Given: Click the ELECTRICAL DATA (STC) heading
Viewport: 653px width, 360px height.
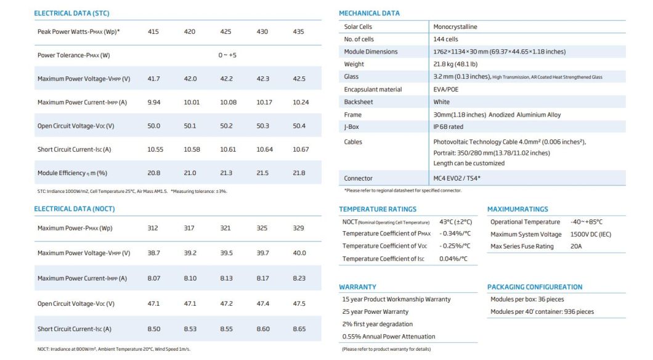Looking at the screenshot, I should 71,13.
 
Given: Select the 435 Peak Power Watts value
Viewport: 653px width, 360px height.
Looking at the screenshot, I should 299,31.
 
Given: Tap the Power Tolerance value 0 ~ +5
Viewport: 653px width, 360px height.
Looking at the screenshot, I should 227,55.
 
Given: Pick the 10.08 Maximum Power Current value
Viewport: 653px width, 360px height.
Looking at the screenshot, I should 228,102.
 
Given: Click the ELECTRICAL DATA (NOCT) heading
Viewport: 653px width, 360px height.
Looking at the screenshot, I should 74,209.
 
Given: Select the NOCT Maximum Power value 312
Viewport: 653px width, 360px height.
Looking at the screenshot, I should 153,228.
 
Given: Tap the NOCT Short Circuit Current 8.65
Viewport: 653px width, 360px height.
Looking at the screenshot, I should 299,329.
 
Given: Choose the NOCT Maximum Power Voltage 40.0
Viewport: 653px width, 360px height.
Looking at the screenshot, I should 299,253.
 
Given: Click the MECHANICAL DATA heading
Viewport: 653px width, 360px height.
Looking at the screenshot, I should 369,13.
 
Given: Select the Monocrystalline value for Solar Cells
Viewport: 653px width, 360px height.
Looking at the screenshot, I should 455,27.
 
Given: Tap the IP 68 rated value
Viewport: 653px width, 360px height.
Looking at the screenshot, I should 448,127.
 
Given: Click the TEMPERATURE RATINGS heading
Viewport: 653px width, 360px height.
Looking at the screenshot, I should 378,209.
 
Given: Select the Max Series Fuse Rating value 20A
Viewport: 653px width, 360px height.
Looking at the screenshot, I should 576,247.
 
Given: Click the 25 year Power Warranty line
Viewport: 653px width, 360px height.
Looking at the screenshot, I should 375,311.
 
